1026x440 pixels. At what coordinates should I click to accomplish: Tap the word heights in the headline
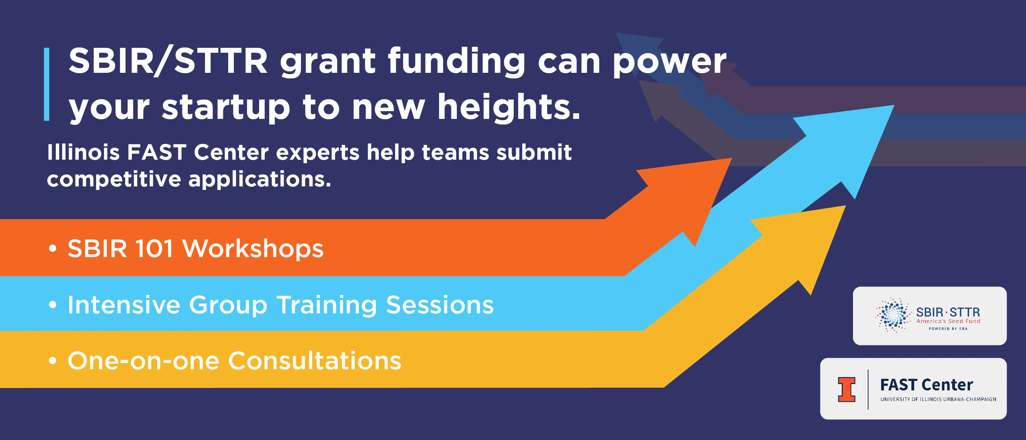[x=509, y=107]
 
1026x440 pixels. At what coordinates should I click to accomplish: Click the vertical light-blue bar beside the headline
[x=47, y=84]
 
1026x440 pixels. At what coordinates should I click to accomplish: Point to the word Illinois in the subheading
[x=83, y=152]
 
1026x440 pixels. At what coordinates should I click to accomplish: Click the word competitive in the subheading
[x=114, y=179]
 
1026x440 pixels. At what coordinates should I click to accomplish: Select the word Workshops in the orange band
[x=253, y=249]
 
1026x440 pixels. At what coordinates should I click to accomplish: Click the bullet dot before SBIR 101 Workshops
[x=53, y=249]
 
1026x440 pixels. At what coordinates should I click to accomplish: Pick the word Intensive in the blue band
[x=124, y=305]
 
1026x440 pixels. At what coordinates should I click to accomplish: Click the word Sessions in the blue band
[x=440, y=305]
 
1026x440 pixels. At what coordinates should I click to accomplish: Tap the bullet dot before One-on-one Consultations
[x=53, y=361]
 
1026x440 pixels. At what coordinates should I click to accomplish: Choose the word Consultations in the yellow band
[x=315, y=361]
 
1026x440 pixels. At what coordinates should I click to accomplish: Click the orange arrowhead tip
[x=732, y=158]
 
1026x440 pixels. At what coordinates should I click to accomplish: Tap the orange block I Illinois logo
[x=846, y=389]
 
